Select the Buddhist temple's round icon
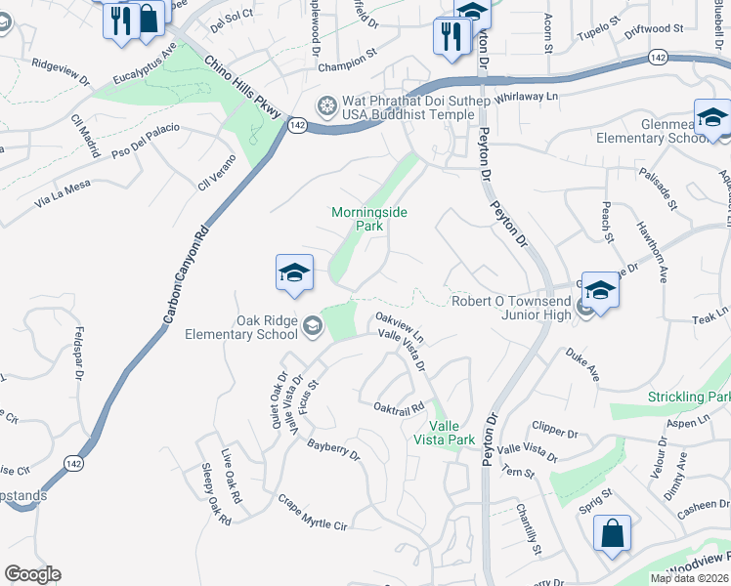pos(327,105)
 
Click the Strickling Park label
pos(688,398)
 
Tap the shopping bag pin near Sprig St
pos(612,534)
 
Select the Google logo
pos(32,574)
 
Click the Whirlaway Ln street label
pos(526,96)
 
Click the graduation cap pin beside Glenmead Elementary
pos(713,118)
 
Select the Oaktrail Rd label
pos(399,406)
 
